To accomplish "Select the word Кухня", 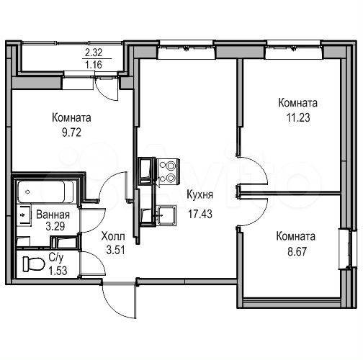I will (200, 194).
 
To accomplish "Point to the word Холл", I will (112, 236).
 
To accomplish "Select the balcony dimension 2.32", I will (94, 52).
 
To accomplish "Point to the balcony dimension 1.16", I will (94, 65).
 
